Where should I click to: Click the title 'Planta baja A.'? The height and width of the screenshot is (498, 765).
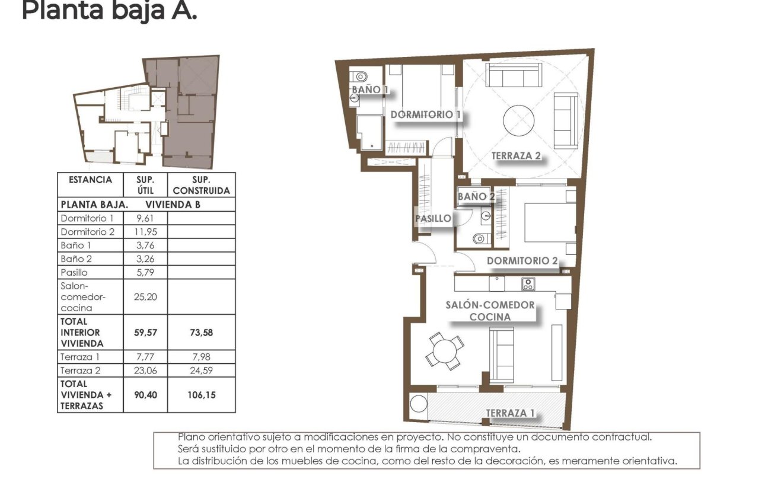(x=109, y=10)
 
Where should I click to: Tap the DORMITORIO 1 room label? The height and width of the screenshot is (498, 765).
(x=425, y=114)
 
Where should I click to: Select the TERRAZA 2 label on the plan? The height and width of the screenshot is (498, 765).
(x=515, y=156)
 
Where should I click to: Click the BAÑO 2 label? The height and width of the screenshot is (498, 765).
(x=476, y=196)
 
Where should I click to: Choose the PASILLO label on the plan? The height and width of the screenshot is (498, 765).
(x=432, y=218)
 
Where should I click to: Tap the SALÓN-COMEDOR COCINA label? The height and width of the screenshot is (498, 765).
(x=490, y=311)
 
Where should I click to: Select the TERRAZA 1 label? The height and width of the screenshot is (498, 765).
(x=506, y=413)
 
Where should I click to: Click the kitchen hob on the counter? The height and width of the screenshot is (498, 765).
(x=528, y=284)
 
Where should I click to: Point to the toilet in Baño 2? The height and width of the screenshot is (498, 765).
(x=481, y=238)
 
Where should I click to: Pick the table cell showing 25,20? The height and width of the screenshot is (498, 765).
(x=145, y=296)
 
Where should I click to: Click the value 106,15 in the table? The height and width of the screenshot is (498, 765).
(x=201, y=394)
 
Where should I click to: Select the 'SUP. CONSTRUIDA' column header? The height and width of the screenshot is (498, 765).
(x=201, y=184)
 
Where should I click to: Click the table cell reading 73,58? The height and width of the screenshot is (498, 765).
(x=201, y=333)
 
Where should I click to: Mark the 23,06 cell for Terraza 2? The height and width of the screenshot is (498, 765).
(x=145, y=371)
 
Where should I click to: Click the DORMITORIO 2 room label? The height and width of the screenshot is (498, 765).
(x=522, y=261)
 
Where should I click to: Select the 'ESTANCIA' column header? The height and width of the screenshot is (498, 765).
(x=90, y=180)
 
